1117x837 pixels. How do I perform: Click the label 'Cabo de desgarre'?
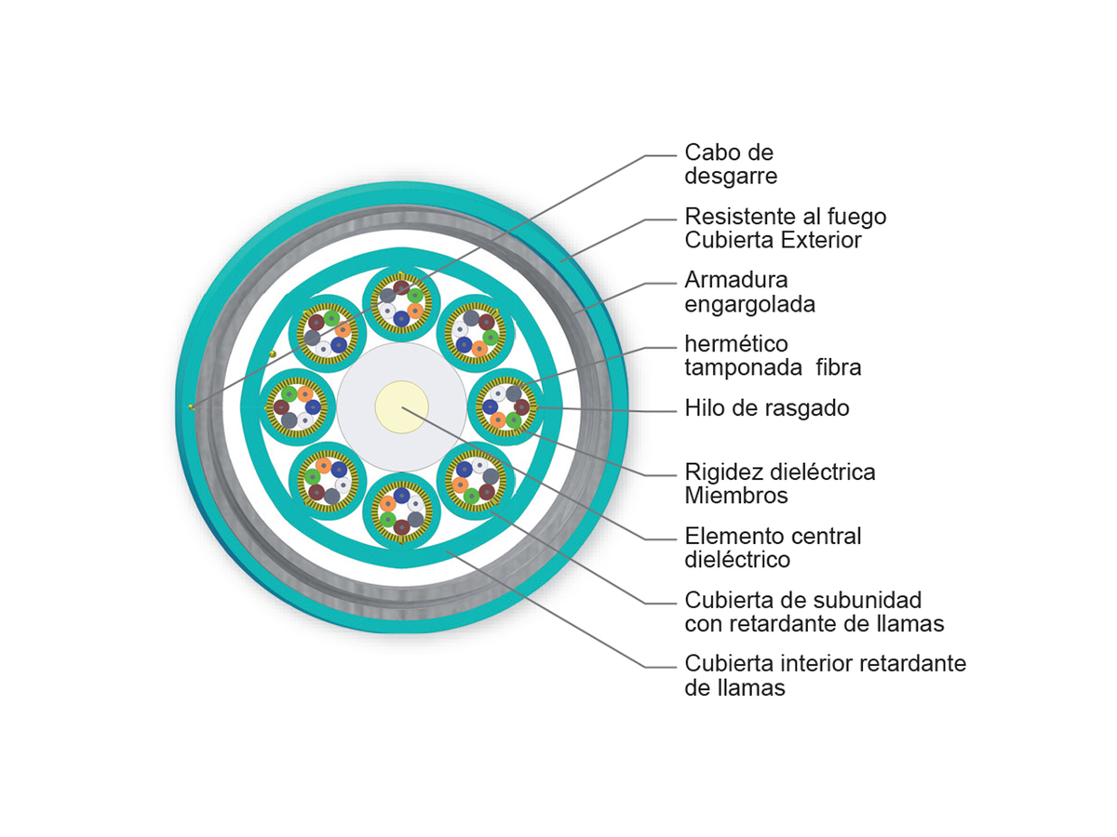point(730,164)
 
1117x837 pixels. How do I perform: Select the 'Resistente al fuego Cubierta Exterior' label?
point(786,228)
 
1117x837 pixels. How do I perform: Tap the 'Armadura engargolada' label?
point(749,292)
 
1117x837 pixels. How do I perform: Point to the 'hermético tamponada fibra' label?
point(773,355)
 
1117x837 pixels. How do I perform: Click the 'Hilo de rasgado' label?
point(767,407)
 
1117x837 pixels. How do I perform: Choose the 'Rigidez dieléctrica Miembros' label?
point(780,484)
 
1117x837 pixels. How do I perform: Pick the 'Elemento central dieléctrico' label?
point(773,548)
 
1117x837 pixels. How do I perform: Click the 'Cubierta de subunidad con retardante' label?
point(814,611)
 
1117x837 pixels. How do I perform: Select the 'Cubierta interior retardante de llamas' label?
point(825,676)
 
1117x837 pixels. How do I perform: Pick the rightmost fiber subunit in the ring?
point(506,407)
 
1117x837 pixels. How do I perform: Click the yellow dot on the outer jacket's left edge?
point(191,406)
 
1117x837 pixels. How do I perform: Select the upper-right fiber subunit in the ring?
point(477,333)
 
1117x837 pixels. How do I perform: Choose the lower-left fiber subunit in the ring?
point(327,482)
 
